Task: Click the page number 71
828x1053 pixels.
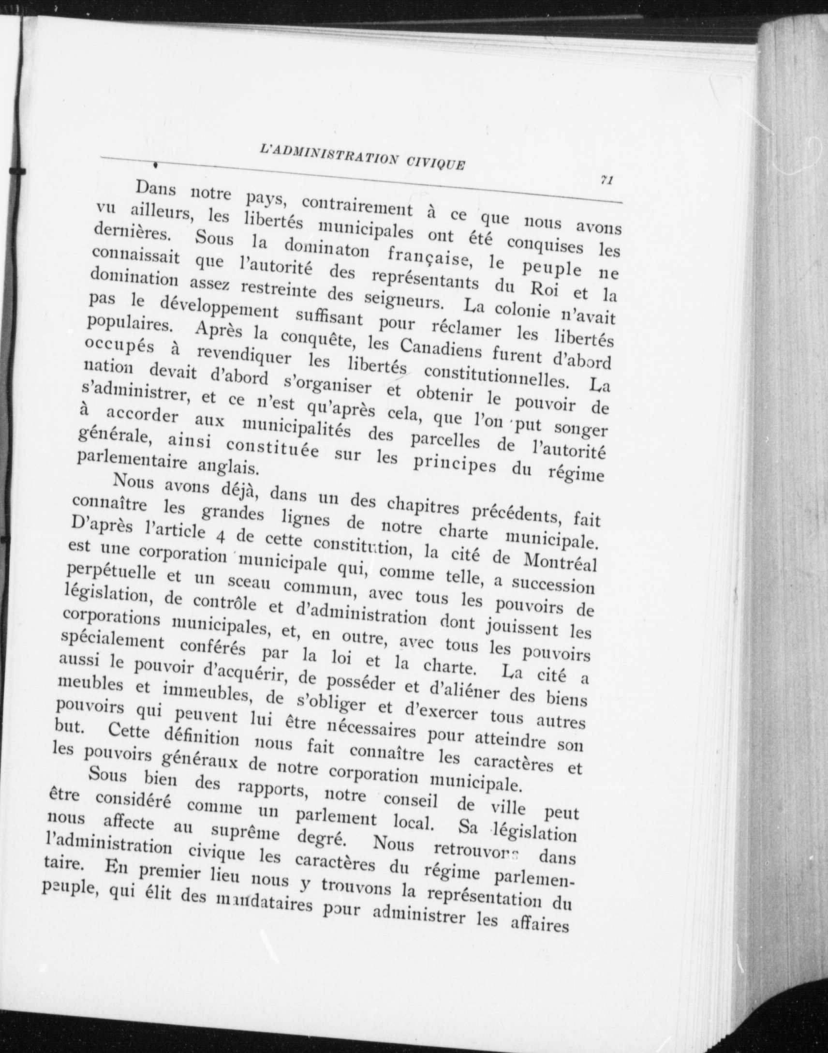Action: click(x=606, y=180)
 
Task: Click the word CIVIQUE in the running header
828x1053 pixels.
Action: click(x=434, y=163)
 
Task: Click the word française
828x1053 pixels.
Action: click(x=429, y=257)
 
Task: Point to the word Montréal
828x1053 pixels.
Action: click(x=561, y=563)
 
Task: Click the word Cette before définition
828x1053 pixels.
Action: click(x=130, y=731)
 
